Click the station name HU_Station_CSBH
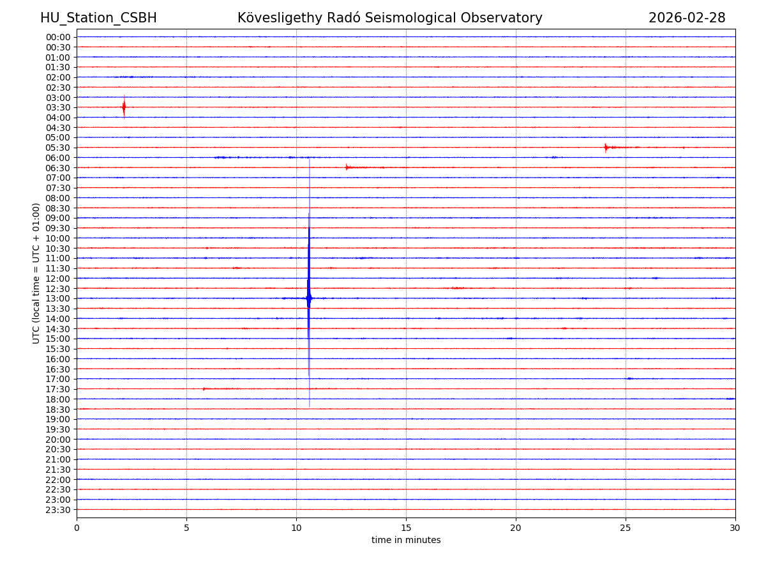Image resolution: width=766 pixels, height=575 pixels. click(x=98, y=19)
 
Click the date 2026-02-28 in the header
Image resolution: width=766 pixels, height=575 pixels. click(x=687, y=19)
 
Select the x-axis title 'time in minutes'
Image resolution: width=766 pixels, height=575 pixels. click(x=406, y=540)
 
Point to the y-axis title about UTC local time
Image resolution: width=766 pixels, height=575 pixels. click(x=36, y=273)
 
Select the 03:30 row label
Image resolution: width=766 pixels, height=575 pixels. click(x=58, y=107)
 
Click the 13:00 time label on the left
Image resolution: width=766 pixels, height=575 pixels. click(x=58, y=298)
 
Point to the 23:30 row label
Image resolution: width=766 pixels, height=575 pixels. click(x=58, y=510)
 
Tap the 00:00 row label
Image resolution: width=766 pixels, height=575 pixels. click(x=58, y=37)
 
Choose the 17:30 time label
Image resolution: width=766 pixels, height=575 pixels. click(x=58, y=389)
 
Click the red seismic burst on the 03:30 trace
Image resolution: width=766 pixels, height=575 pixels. click(x=124, y=107)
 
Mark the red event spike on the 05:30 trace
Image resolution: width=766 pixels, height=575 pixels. click(x=606, y=148)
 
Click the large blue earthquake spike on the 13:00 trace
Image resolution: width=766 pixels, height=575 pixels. click(x=309, y=298)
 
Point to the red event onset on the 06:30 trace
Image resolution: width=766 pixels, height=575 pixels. click(x=347, y=167)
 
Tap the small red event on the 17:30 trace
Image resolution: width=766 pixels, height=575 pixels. click(x=204, y=388)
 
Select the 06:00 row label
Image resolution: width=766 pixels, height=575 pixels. click(x=58, y=158)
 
